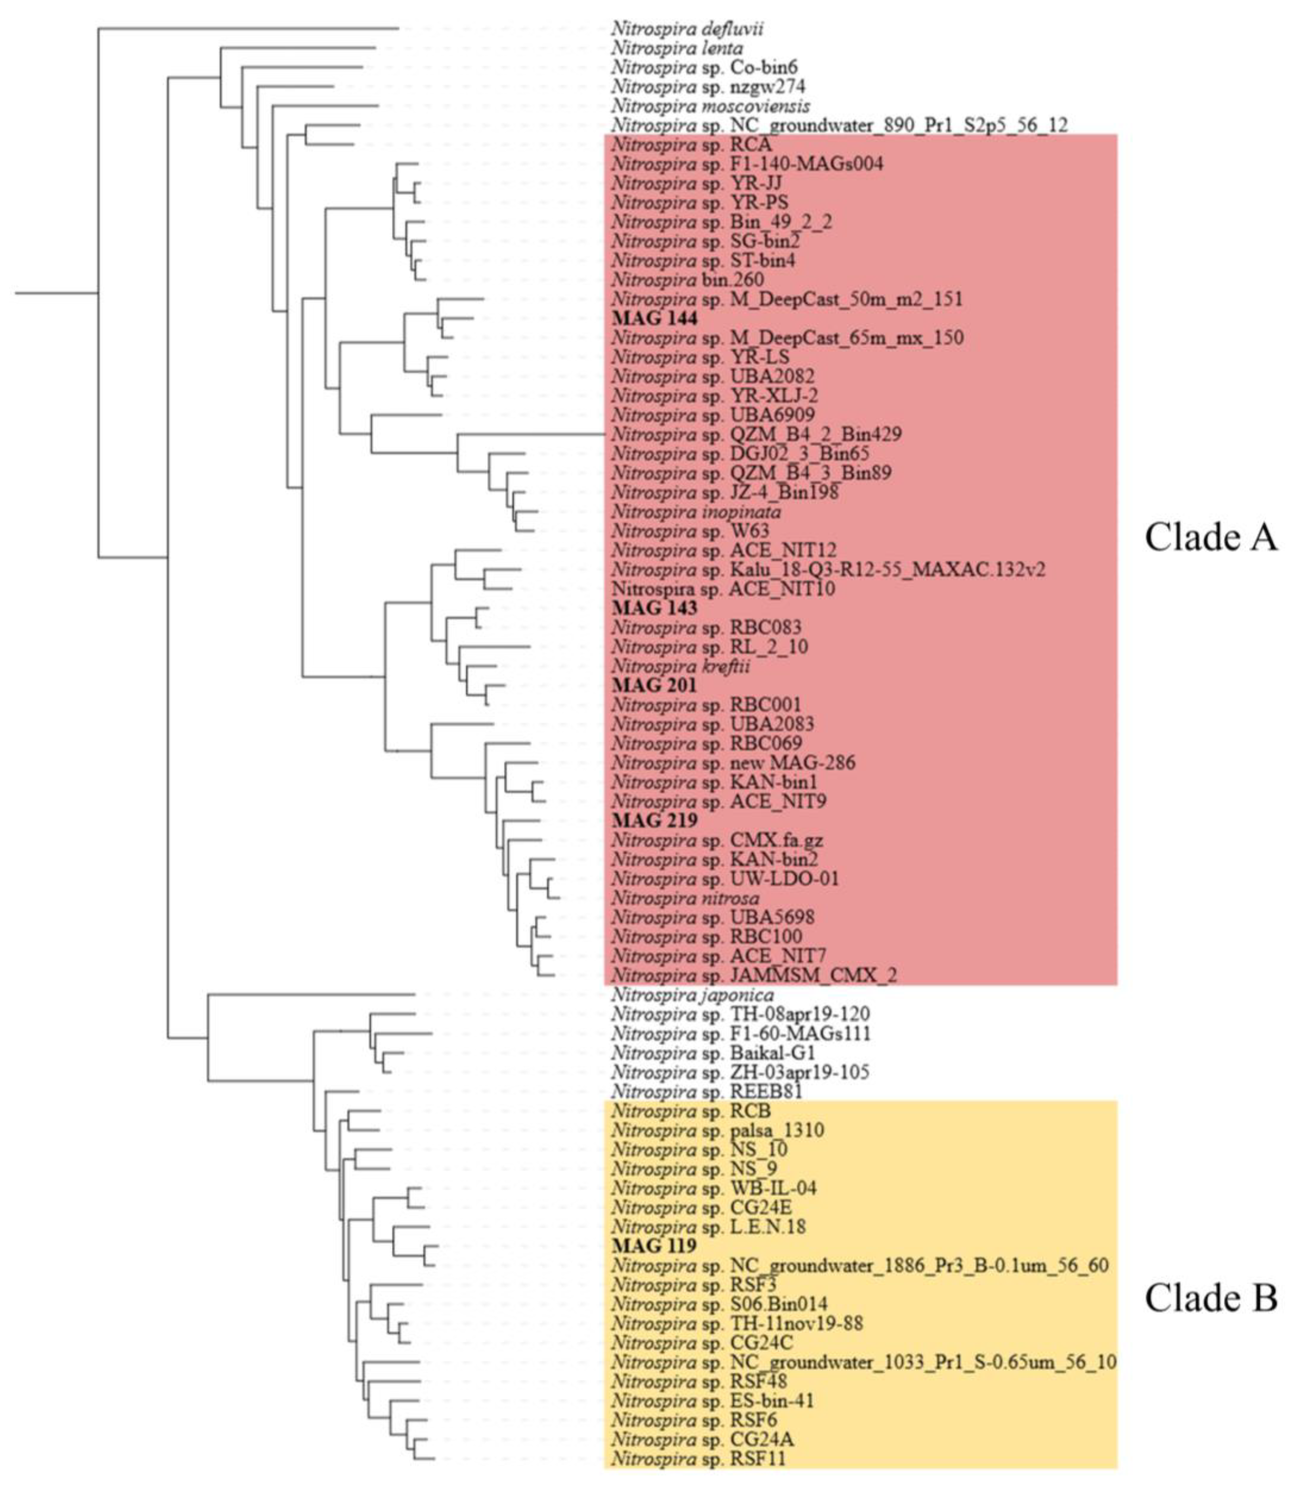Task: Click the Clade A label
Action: [x=1210, y=537]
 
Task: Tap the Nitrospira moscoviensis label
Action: [x=710, y=107]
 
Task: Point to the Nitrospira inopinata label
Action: [x=696, y=512]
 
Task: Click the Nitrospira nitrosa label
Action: [x=685, y=899]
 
